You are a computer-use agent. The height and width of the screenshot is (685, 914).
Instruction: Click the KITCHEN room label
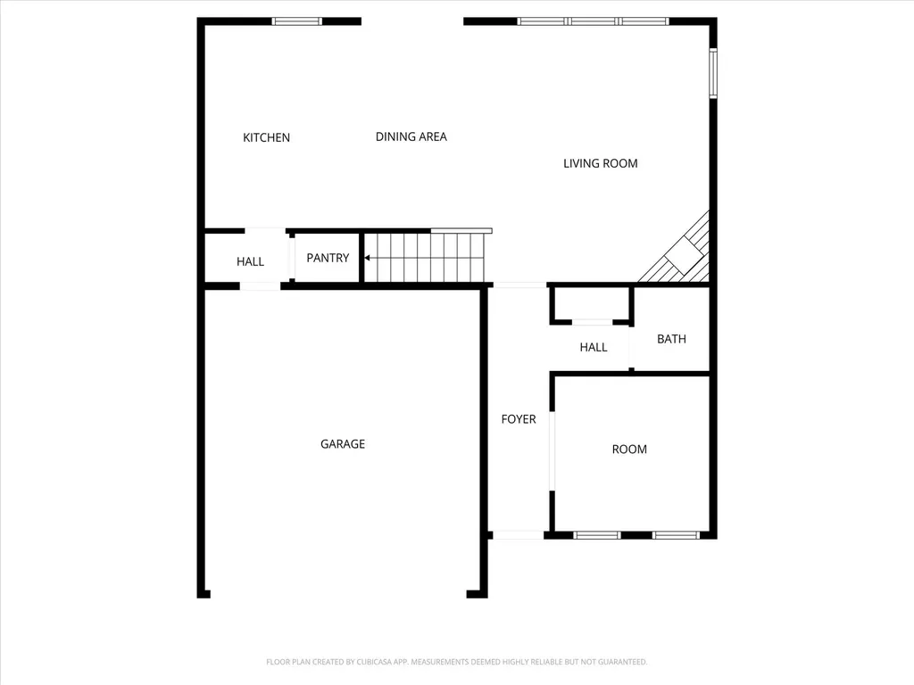(x=266, y=137)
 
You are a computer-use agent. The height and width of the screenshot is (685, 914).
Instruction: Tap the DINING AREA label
(x=411, y=136)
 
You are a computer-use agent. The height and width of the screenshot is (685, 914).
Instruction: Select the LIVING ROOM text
(x=601, y=163)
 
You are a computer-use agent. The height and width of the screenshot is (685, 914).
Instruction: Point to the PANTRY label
(x=328, y=258)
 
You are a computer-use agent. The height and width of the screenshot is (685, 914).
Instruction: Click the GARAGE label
(x=343, y=444)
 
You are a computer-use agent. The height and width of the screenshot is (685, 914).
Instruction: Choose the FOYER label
(x=519, y=419)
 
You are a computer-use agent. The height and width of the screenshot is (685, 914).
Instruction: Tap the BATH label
(x=671, y=339)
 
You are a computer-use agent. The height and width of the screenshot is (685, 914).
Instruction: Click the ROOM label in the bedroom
(x=629, y=450)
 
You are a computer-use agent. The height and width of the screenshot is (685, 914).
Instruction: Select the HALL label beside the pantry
(x=250, y=261)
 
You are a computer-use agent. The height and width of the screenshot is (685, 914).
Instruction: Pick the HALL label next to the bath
(x=594, y=347)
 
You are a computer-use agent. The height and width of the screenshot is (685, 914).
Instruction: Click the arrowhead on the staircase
(x=367, y=258)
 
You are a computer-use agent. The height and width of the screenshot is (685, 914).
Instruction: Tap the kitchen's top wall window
(x=297, y=21)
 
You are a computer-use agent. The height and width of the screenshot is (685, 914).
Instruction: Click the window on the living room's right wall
(x=713, y=73)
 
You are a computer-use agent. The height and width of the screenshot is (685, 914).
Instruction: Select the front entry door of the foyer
(x=519, y=535)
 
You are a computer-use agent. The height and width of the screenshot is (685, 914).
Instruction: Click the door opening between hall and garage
(x=260, y=286)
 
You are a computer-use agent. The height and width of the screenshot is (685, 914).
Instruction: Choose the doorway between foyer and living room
(x=520, y=285)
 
